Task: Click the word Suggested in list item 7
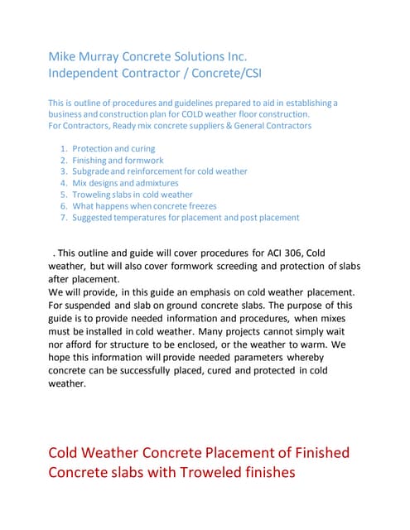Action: [94, 218]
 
